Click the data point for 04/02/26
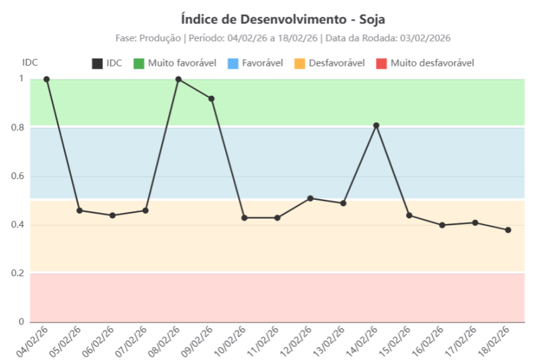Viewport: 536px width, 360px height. (47, 79)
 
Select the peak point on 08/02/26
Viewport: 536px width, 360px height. (178, 79)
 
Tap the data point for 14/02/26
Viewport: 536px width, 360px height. (377, 125)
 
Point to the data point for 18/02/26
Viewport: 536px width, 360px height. (508, 230)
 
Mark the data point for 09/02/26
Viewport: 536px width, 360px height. (212, 99)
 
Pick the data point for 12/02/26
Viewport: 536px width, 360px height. (310, 198)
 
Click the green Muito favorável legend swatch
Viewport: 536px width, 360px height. (139, 64)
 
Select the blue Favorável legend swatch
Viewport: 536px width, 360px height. (234, 64)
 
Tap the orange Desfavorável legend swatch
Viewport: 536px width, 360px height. (300, 64)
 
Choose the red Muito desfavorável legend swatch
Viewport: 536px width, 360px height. (382, 64)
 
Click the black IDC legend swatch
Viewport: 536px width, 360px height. (97, 64)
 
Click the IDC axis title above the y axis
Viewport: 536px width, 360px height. (30, 62)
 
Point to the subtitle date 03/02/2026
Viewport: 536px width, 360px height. (427, 38)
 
